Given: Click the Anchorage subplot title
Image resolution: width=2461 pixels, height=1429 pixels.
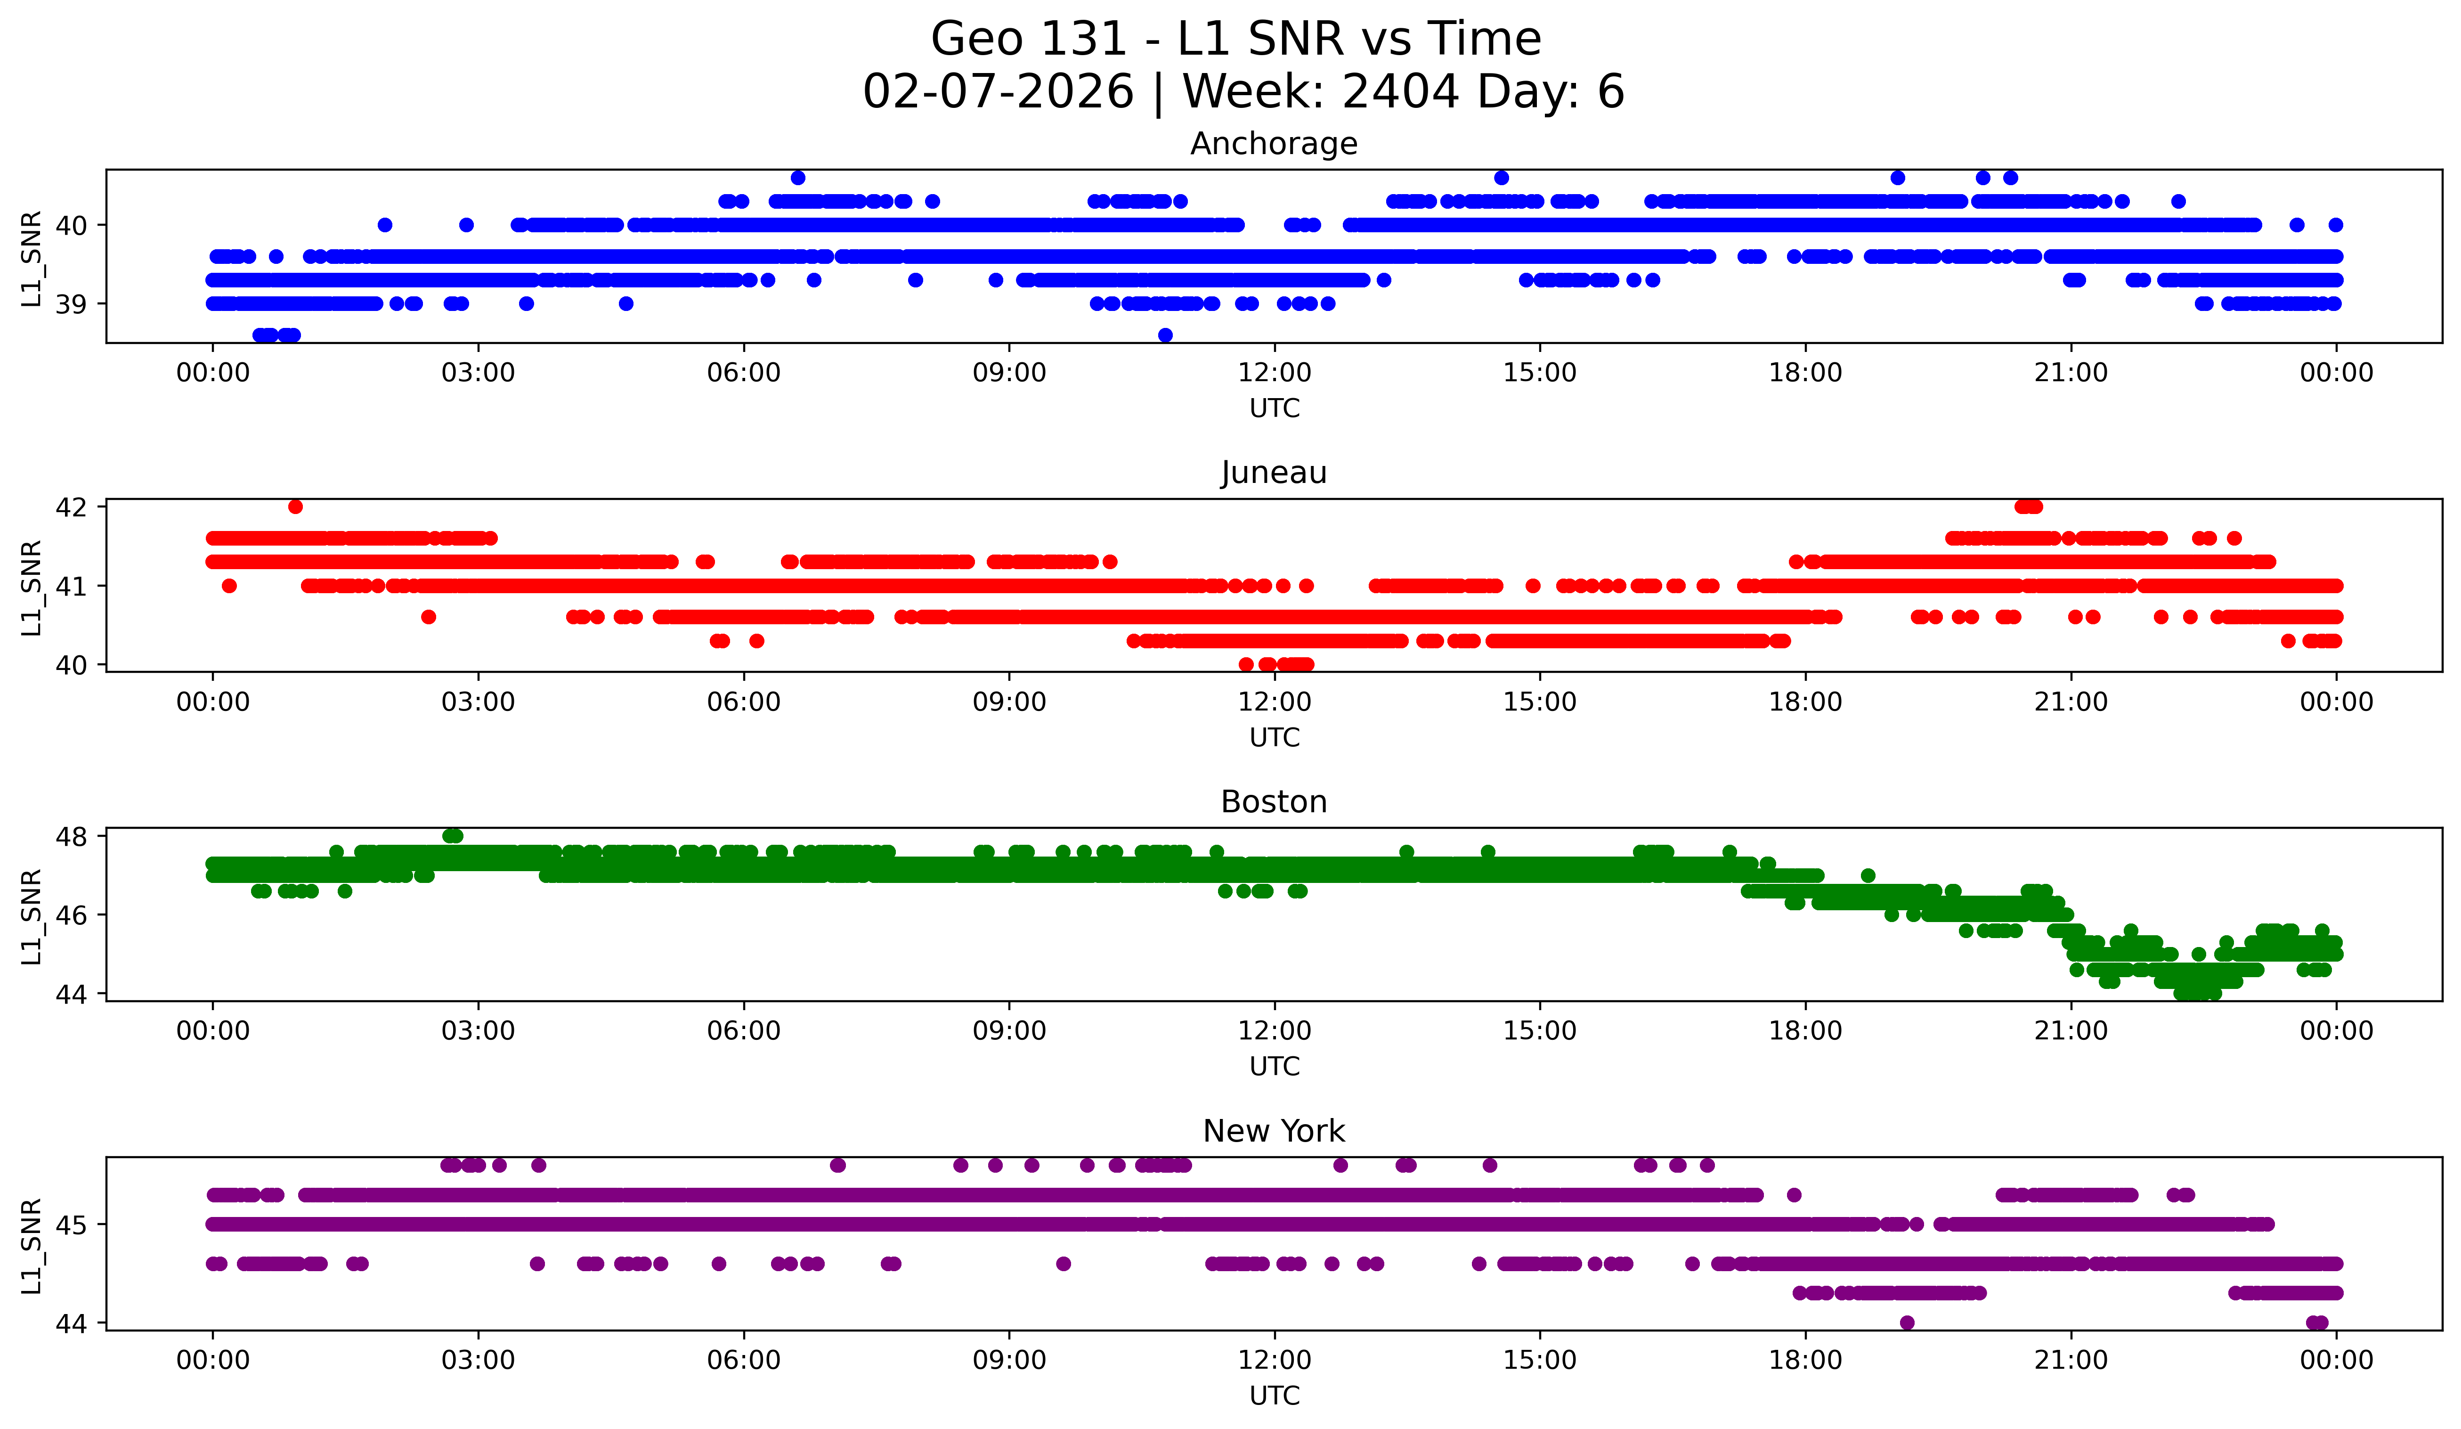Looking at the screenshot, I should [1274, 144].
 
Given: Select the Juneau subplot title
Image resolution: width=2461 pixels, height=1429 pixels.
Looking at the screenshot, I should [1274, 473].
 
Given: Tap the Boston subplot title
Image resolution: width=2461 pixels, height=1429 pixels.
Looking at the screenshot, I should [1274, 802].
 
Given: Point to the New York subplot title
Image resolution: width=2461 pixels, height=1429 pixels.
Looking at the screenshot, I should [1274, 1131].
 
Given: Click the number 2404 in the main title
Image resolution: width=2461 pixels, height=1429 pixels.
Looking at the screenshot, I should [1400, 92].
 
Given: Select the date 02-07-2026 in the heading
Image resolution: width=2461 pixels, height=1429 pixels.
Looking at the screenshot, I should [998, 92].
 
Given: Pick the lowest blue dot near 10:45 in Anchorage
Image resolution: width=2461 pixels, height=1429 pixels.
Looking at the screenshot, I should [1165, 335].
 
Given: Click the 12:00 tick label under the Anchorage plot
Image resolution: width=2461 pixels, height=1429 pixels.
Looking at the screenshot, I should [1275, 373].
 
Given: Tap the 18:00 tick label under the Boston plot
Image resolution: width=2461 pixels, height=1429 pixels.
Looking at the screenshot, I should [1805, 1031].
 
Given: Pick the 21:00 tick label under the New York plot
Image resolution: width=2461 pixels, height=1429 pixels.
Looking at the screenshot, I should [2071, 1361].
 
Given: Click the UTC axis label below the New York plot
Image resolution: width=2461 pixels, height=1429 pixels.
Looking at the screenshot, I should [1275, 1396].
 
